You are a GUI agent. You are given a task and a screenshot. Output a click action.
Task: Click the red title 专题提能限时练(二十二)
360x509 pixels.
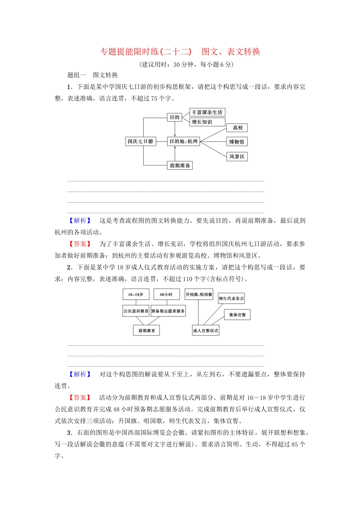coord(146,52)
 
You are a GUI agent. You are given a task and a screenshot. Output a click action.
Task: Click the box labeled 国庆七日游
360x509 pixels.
coord(141,141)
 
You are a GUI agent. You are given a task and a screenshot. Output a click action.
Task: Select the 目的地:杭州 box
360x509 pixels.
coord(183,141)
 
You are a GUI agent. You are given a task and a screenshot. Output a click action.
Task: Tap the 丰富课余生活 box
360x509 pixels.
coord(207,112)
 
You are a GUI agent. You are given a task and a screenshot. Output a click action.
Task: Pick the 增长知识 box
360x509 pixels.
coord(207,122)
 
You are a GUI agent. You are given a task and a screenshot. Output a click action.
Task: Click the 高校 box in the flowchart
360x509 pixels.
coord(237,128)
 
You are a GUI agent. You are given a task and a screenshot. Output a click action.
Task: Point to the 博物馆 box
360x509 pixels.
coord(236,142)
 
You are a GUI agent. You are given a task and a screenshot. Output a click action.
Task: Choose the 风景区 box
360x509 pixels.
coord(237,156)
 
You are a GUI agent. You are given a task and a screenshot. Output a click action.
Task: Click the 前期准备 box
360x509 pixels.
coord(180,166)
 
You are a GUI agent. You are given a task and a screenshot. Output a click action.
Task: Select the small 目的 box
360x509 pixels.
coord(174,117)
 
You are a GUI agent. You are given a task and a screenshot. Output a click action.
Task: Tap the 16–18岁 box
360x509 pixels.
coord(136,294)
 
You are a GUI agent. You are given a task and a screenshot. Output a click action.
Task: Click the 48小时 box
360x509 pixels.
coord(166,294)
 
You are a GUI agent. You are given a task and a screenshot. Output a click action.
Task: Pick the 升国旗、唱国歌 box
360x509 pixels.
coord(199,294)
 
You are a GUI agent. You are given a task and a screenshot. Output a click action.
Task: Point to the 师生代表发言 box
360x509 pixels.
coord(231,298)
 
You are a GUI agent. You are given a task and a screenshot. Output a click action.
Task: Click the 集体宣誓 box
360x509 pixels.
coord(238,315)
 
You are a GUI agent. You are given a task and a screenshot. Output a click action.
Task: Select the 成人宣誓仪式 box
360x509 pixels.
coord(205,330)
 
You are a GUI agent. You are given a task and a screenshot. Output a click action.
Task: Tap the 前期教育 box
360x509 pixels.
coord(147,330)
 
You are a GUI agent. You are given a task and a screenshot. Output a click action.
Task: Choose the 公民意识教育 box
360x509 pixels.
coord(136,311)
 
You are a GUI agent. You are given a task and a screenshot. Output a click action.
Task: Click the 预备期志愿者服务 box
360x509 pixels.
coord(168,311)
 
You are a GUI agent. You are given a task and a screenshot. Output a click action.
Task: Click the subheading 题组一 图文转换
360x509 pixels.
coord(92,75)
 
